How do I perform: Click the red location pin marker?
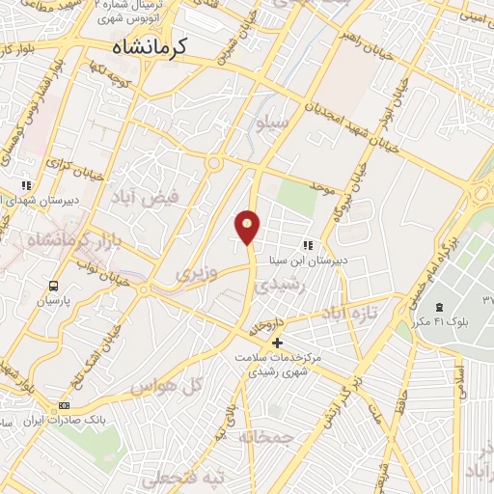click(248, 227)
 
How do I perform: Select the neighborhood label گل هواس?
click(153, 387)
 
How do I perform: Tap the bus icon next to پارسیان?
click(53, 286)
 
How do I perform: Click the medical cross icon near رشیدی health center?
click(277, 342)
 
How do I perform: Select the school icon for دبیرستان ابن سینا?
click(307, 246)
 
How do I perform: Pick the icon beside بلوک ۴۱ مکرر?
click(425, 306)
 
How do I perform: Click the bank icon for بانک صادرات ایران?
click(65, 406)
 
